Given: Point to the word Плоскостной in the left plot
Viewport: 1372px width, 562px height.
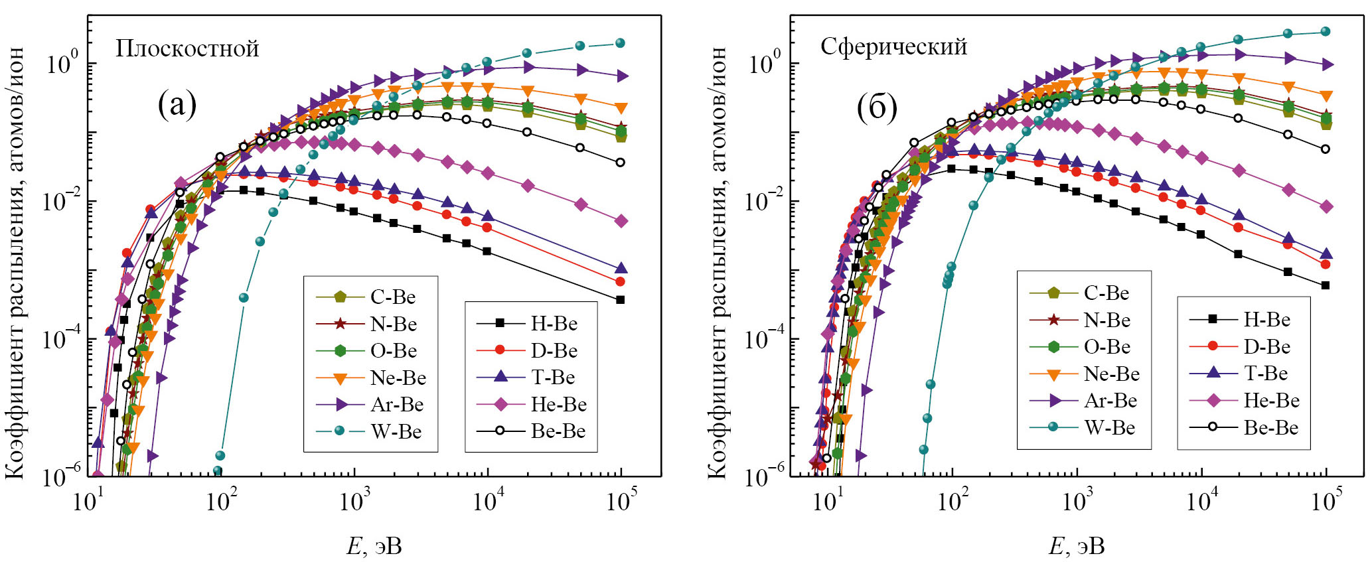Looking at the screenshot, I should pos(187,48).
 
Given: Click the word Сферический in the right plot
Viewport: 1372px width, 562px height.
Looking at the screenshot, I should pos(893,46).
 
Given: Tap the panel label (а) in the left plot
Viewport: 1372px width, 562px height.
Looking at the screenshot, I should pos(177,104).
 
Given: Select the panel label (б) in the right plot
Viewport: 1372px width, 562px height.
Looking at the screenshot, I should pos(877,107).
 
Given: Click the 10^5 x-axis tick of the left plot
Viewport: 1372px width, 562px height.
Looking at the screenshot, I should pos(621,501).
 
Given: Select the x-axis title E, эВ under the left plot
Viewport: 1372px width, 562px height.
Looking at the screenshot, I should pos(374,546).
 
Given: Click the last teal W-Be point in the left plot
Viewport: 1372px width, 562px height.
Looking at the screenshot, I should pos(621,43).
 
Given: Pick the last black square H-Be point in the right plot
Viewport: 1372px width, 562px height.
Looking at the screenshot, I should pos(1326,285).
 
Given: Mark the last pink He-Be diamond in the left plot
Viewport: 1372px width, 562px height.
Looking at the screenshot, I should pos(621,221).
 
